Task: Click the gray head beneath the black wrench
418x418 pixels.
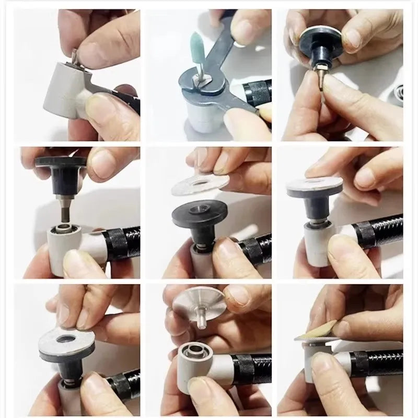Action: (206, 118)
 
